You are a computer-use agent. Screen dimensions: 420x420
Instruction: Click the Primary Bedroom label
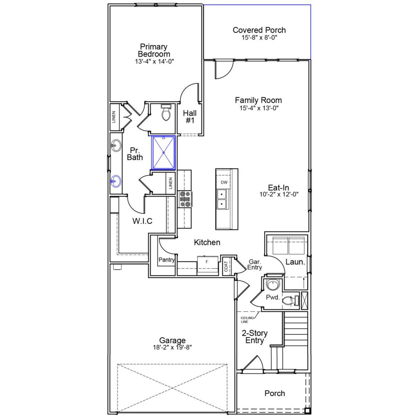(154, 51)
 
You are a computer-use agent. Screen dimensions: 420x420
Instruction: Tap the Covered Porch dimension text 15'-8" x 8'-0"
(259, 38)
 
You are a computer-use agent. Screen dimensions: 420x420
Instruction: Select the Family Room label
(258, 100)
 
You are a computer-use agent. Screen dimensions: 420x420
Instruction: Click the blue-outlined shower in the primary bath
(163, 153)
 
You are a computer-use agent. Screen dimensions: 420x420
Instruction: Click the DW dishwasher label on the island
(224, 182)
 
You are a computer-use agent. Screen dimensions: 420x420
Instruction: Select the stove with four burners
(185, 199)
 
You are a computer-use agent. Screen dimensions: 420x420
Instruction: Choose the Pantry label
(166, 260)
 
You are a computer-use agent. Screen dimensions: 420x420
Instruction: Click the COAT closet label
(226, 266)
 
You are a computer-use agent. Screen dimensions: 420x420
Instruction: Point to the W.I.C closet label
(142, 221)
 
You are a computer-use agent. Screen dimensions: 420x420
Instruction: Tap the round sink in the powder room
(272, 285)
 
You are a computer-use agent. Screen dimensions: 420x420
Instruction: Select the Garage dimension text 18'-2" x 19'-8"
(172, 347)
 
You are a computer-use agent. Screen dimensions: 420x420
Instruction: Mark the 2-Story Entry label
(255, 337)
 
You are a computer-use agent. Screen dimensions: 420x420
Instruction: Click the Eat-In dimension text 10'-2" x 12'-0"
(279, 194)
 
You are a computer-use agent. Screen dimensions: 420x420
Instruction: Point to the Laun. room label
(295, 262)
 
